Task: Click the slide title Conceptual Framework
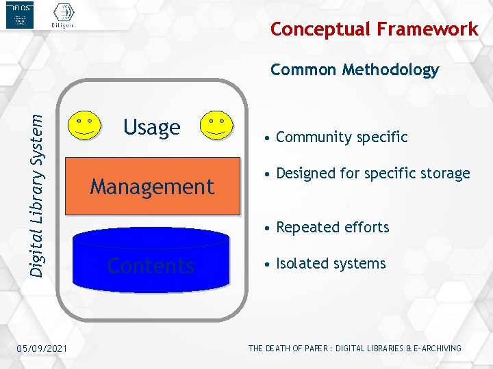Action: pyautogui.click(x=374, y=29)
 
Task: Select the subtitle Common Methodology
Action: pyautogui.click(x=355, y=70)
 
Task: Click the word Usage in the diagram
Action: pyautogui.click(x=151, y=127)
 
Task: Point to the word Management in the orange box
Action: pyautogui.click(x=152, y=187)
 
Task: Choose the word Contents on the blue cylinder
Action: pyautogui.click(x=151, y=265)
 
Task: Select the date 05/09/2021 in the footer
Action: pyautogui.click(x=42, y=349)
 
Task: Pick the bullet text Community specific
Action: pyautogui.click(x=341, y=137)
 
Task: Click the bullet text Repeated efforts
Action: pyautogui.click(x=332, y=228)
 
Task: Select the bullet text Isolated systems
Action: pyautogui.click(x=331, y=264)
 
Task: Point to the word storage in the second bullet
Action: pyautogui.click(x=446, y=174)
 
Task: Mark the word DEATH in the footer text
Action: pyautogui.click(x=278, y=348)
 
